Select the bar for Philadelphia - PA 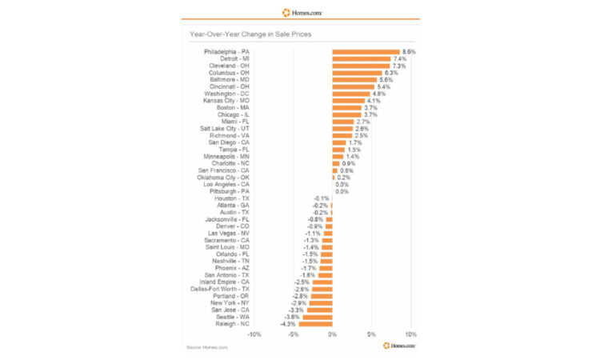coord(366,51)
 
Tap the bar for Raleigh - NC coord(315,324)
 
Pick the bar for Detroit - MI coord(361,58)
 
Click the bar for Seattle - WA coord(318,317)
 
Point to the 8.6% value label coord(409,51)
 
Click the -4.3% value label coord(288,324)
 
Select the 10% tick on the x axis coord(410,334)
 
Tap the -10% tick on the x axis coord(254,334)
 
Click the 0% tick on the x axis coord(332,334)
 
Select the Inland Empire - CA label coord(224,282)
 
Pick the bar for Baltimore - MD coord(354,79)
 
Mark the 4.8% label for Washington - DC coord(378,94)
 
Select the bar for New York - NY coord(321,303)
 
